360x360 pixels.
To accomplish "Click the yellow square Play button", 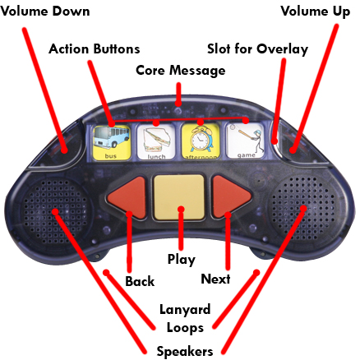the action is tap(179, 197).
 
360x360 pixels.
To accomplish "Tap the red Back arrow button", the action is tap(127, 197).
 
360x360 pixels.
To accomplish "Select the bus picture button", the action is tap(111, 142).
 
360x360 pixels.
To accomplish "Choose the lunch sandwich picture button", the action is tap(156, 142).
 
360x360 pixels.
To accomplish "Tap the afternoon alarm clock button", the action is tap(201, 142).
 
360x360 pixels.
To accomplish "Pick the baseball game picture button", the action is tap(246, 141).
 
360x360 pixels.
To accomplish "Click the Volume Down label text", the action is tap(45, 12).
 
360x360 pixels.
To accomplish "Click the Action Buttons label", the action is tap(95, 49).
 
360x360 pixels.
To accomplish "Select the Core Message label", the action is tap(181, 71).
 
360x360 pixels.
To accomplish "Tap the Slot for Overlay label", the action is tap(257, 49).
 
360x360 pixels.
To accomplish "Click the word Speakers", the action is tap(185, 352).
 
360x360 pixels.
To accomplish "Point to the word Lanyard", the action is tap(185, 311).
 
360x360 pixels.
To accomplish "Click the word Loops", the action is tap(185, 328).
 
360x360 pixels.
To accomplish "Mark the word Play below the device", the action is tap(182, 260).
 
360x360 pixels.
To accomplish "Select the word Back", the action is tap(140, 281).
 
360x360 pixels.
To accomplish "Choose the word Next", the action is tap(215, 279).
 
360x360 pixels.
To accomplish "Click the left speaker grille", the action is tap(55, 212).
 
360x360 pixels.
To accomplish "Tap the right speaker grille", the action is tap(303, 209).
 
